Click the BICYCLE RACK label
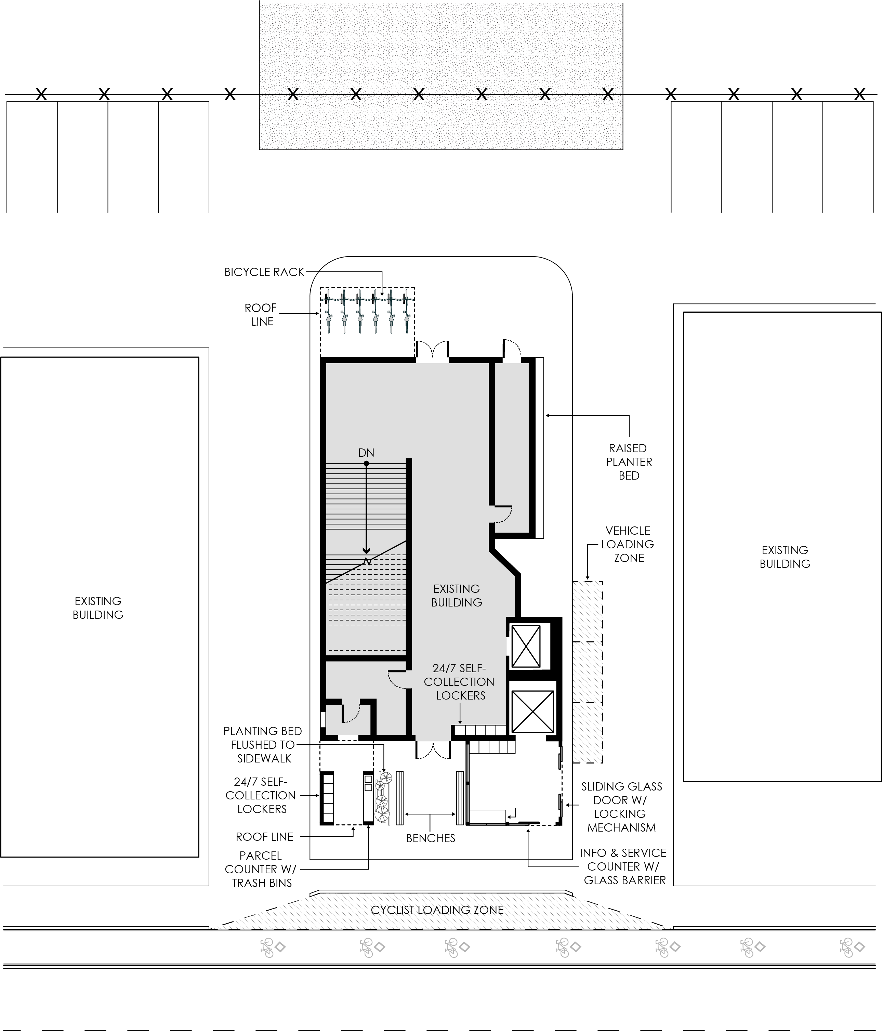[x=264, y=272]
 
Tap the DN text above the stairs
[x=366, y=453]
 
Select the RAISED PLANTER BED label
[x=629, y=462]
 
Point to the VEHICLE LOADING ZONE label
[x=628, y=544]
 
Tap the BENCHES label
[x=431, y=838]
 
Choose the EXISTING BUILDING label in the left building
[x=98, y=608]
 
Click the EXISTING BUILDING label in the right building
[x=785, y=557]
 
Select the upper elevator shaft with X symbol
[x=526, y=647]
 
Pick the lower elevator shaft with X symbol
[x=532, y=712]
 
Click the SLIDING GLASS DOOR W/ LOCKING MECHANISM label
[x=622, y=807]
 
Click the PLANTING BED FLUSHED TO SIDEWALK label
[x=263, y=745]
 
